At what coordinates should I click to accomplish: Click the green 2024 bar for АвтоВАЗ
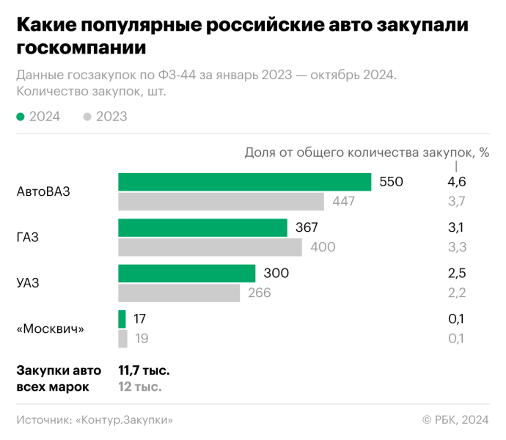pos(245,182)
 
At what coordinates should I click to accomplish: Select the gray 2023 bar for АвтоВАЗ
pos(221,202)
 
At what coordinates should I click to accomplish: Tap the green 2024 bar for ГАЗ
pos(203,228)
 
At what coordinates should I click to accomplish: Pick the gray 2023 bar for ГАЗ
pos(210,247)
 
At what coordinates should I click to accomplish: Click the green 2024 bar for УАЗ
pos(187,274)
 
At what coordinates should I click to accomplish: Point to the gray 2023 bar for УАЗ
pos(180,293)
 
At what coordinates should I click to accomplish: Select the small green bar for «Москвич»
pos(122,319)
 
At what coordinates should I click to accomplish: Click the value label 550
pos(392,182)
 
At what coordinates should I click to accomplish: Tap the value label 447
pos(343,202)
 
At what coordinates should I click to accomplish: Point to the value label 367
pos(307,228)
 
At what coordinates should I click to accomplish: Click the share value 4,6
pos(457,182)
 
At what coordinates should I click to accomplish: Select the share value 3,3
pos(457,247)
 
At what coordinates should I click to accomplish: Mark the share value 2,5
pos(457,274)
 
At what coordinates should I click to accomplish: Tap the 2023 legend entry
pos(106,117)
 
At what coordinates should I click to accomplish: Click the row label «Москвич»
pos(50,329)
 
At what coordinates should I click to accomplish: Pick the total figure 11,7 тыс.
pos(144,370)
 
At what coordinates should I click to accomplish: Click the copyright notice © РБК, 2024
pos(455,420)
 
